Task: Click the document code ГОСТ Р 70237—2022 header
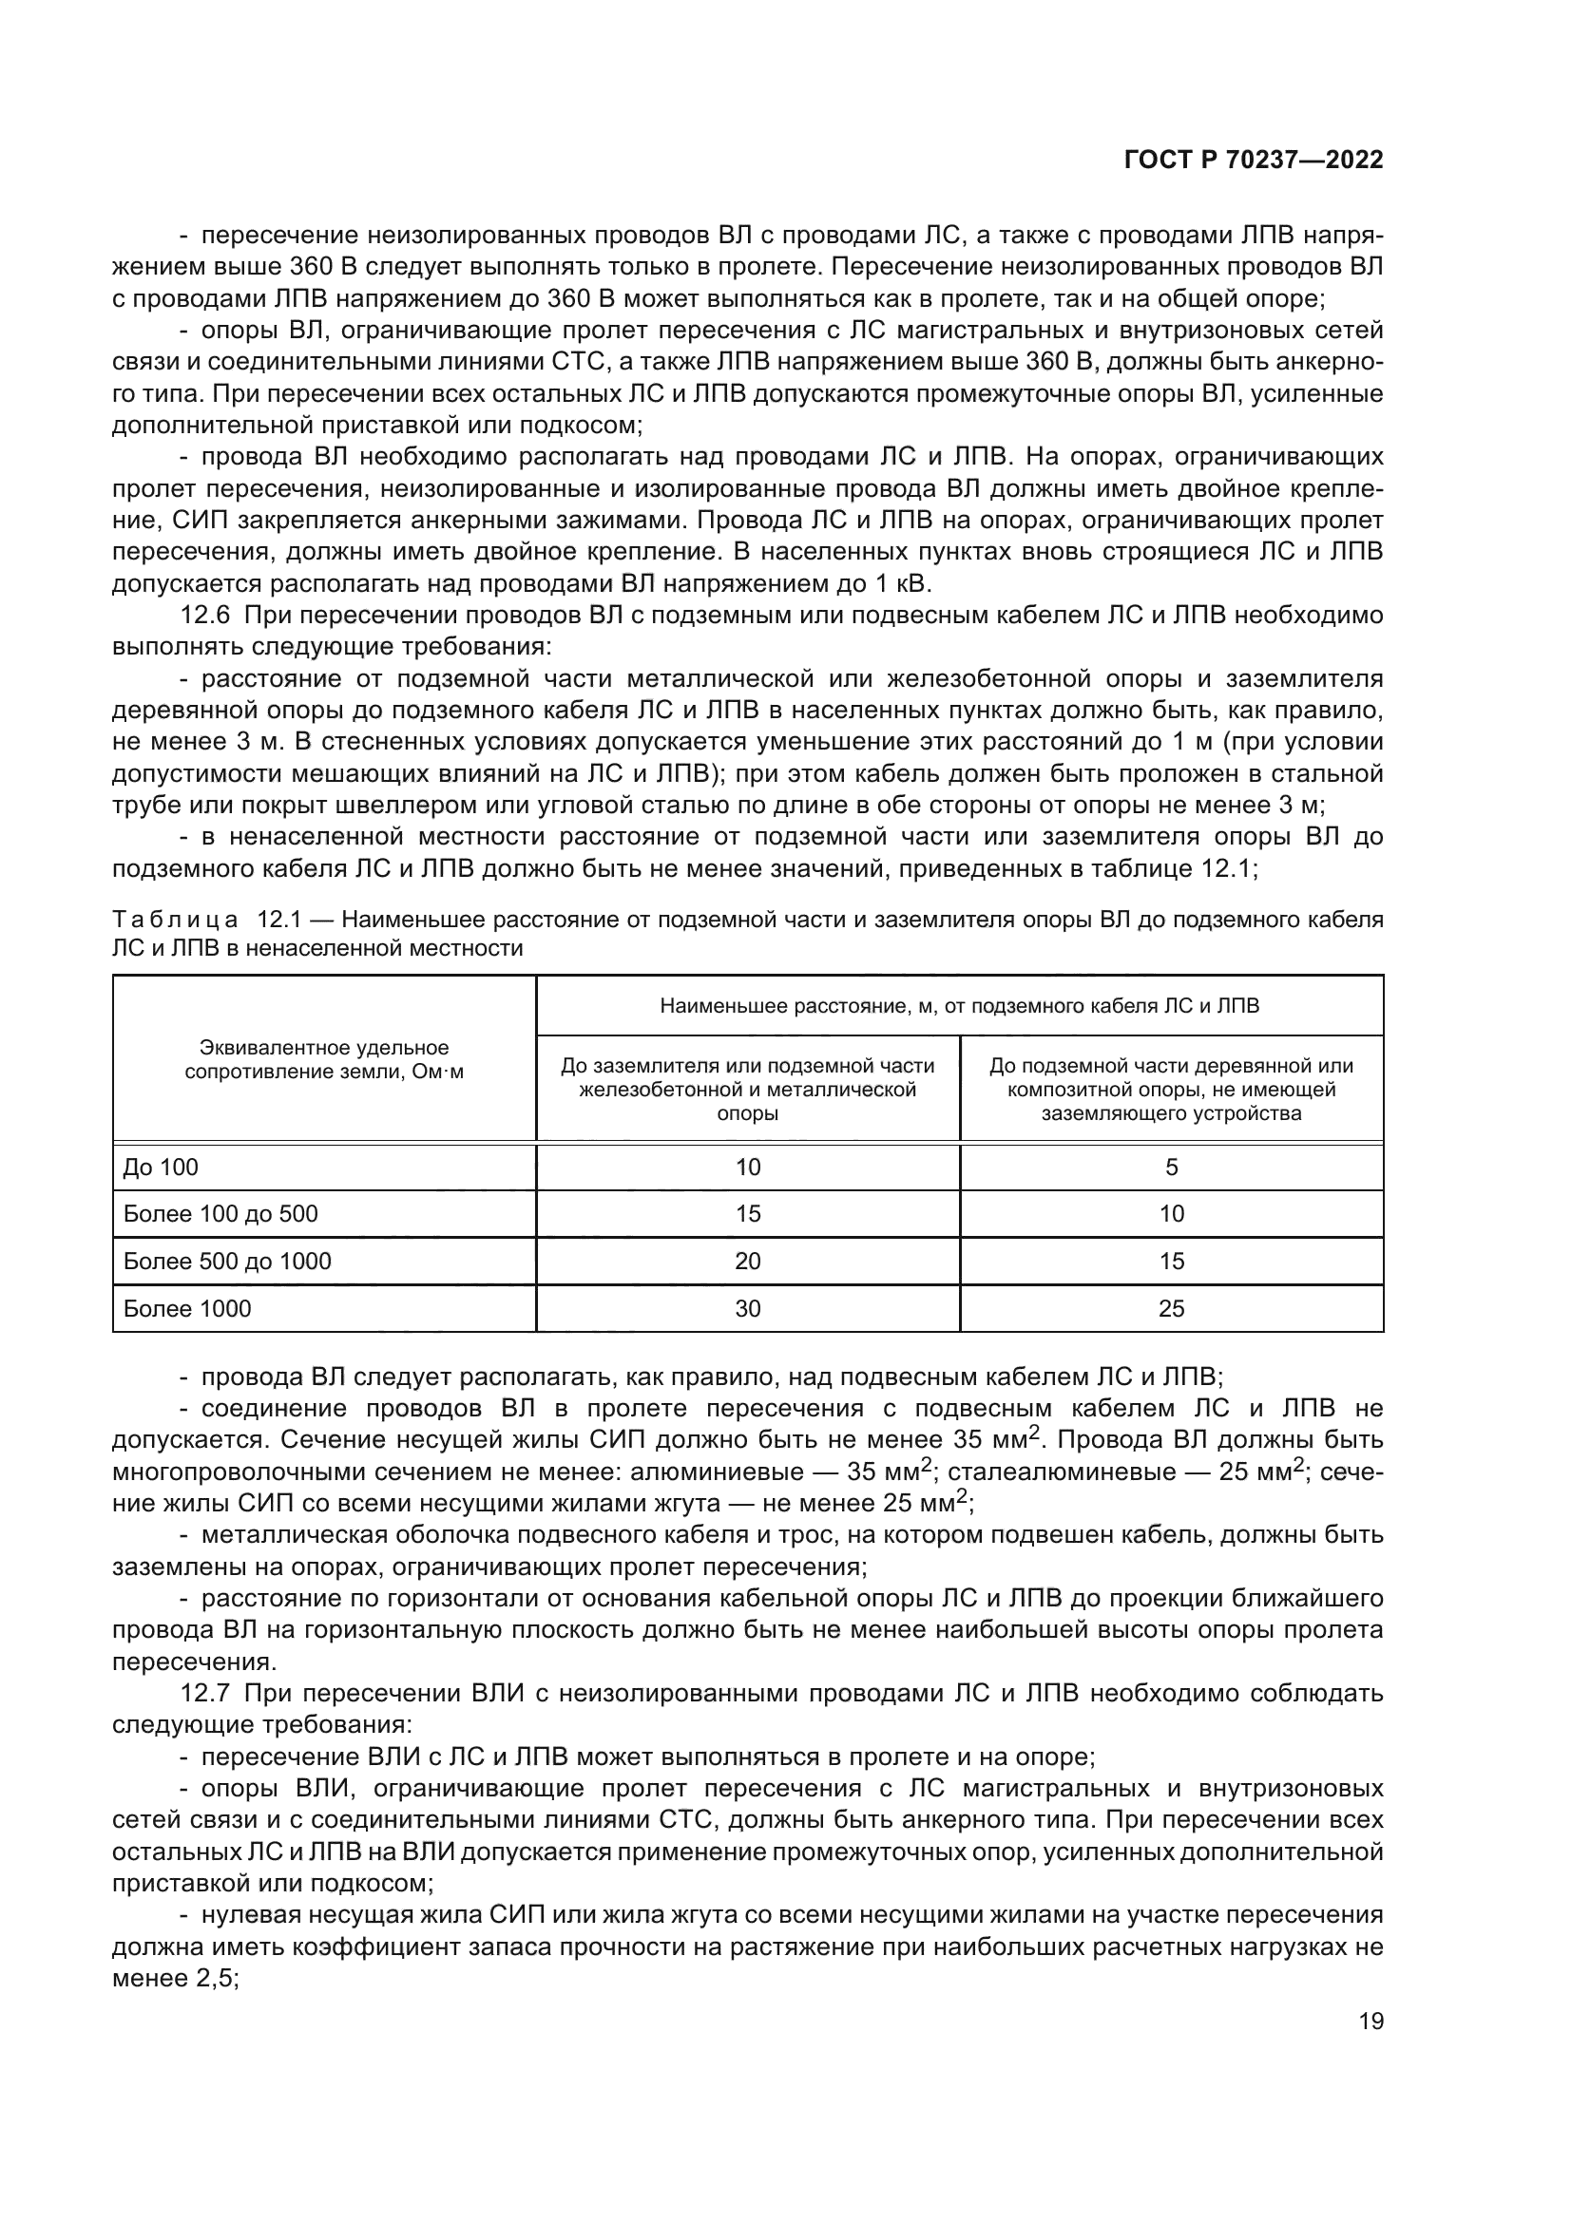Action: tap(1253, 161)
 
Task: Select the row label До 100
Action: tap(161, 1168)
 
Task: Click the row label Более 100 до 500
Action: tap(220, 1213)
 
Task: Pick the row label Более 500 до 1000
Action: tap(227, 1261)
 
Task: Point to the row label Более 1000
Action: tap(188, 1308)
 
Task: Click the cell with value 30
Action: tap(747, 1308)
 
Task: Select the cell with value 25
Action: tap(1171, 1308)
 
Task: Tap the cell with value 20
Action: tap(747, 1261)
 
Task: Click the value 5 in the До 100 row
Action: tap(1171, 1168)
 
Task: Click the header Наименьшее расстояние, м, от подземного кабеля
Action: tap(959, 1005)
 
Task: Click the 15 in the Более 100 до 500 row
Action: tap(747, 1213)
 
